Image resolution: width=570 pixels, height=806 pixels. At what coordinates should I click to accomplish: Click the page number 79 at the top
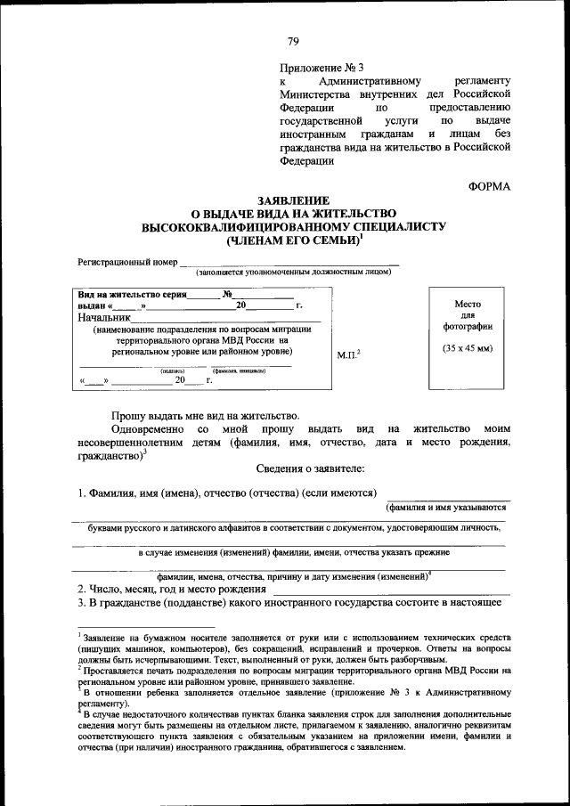pyautogui.click(x=293, y=40)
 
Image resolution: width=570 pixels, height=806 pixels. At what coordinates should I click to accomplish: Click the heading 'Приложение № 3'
pyautogui.click(x=322, y=67)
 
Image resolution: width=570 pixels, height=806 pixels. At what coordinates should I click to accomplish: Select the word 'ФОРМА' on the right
pyautogui.click(x=490, y=185)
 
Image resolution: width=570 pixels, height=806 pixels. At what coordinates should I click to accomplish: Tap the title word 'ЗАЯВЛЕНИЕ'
pyautogui.click(x=293, y=201)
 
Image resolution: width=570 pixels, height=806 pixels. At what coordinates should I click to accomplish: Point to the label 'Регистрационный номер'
pyautogui.click(x=127, y=263)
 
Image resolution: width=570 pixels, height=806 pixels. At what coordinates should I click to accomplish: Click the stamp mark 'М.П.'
pyautogui.click(x=346, y=355)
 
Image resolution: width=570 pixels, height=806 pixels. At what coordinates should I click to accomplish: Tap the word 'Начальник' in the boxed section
pyautogui.click(x=104, y=317)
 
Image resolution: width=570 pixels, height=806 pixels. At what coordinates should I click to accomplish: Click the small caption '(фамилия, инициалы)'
pyautogui.click(x=238, y=370)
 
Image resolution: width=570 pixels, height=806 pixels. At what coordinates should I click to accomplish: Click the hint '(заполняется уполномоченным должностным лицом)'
pyautogui.click(x=294, y=273)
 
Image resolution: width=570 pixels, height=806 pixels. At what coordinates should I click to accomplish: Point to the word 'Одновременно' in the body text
pyautogui.click(x=147, y=429)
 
